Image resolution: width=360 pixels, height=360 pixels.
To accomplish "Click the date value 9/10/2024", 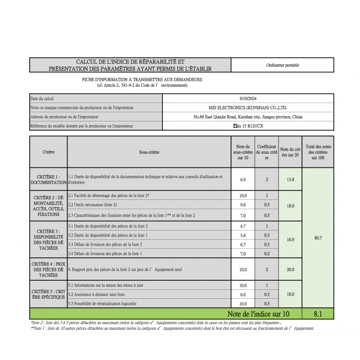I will coord(248,99).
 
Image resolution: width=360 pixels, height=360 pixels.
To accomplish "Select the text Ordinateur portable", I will coord(282,65).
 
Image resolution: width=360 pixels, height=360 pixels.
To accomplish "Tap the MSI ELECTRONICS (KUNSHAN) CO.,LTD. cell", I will coord(248,108).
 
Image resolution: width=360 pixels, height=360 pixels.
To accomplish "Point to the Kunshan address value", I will coord(248,117).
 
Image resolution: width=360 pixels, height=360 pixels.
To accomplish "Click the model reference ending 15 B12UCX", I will coord(248,126).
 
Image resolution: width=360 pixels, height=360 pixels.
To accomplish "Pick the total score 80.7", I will coord(318,238).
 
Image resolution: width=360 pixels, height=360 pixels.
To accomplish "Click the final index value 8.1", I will coord(318,314).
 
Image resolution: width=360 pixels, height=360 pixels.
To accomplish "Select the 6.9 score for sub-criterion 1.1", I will coord(243,180).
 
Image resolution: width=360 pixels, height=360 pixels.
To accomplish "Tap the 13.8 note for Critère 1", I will coord(290,180).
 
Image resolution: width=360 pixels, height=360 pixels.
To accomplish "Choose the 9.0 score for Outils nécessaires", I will coord(243,205).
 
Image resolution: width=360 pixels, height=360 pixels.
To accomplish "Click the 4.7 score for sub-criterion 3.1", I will coord(243,226).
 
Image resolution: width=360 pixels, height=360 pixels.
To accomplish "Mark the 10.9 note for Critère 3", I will coord(290,239).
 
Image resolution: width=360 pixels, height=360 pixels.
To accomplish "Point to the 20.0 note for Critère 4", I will coord(290,270).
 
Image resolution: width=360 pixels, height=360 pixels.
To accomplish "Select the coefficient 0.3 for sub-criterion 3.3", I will coord(266,244).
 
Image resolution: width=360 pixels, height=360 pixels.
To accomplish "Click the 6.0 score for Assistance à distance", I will coord(243,294).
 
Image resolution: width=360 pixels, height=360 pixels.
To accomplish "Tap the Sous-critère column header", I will coord(149,152).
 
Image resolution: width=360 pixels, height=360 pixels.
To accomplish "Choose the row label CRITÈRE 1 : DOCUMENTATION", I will coord(48,180).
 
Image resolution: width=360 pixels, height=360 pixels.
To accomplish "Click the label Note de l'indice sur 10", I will coord(258,314).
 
